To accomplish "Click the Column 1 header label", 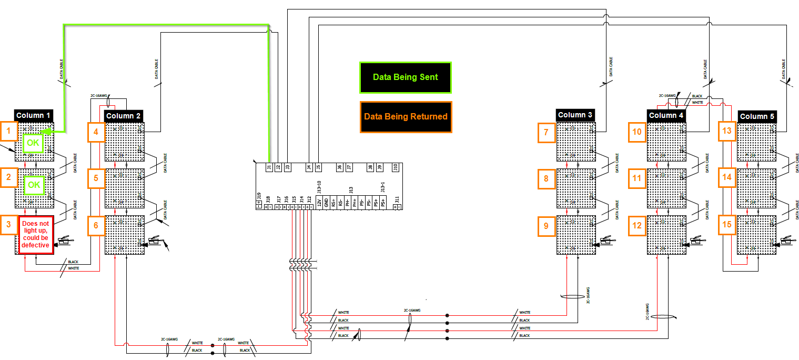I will [x=34, y=115].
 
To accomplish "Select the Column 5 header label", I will [x=756, y=116].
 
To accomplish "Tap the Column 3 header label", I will [x=575, y=115].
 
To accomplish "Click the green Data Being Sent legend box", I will [x=405, y=77].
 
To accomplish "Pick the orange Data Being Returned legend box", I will [x=405, y=116].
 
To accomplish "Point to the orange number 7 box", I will [x=546, y=133].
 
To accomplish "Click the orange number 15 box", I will [x=727, y=225].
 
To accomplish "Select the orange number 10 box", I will [x=637, y=132].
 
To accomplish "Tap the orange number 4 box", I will [x=96, y=132].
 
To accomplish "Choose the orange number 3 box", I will [x=9, y=225].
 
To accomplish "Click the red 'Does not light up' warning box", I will [x=36, y=235].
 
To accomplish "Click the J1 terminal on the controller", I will [x=269, y=168].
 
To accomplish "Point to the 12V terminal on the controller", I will [x=319, y=202].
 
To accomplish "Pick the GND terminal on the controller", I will [x=326, y=202].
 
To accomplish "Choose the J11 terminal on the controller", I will [x=397, y=201].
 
